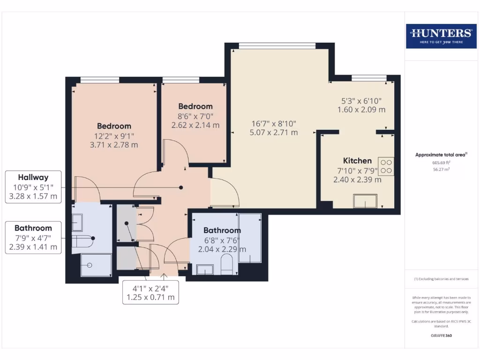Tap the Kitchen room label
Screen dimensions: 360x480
(x=357, y=161)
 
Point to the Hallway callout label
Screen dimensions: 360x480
(x=33, y=178)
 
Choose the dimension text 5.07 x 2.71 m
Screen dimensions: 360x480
(x=274, y=133)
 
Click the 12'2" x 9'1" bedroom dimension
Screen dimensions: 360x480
(x=114, y=135)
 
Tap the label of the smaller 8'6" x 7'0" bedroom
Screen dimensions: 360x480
(x=195, y=106)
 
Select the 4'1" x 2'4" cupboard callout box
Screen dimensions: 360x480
(x=150, y=292)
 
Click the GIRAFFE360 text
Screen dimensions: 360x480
(x=441, y=336)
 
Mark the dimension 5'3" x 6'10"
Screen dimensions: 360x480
(x=361, y=101)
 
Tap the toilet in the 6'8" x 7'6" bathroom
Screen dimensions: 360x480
(x=227, y=264)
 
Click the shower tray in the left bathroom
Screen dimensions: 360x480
(x=96, y=265)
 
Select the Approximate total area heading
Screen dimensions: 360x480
(x=440, y=155)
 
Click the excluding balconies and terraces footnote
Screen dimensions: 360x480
(x=441, y=279)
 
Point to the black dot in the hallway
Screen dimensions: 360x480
(x=181, y=187)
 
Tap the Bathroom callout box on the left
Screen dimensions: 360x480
(x=33, y=238)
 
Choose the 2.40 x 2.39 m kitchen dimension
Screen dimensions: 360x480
(x=357, y=180)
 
